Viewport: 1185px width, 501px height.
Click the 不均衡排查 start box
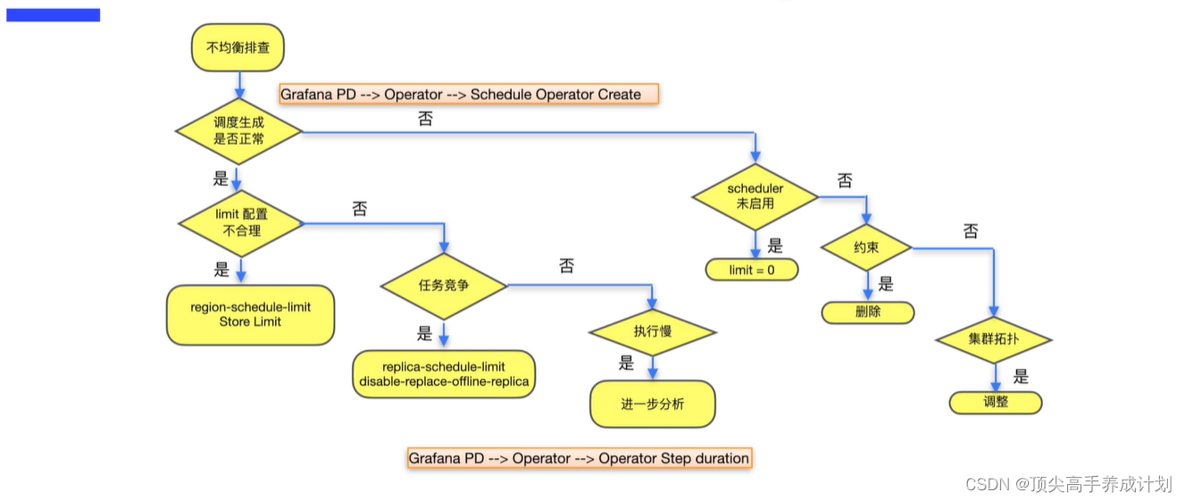238,47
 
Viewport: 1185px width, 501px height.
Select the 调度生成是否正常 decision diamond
238,131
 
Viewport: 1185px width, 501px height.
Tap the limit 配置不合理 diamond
241,222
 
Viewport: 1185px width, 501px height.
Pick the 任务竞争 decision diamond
444,286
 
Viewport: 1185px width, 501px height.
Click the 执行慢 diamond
652,331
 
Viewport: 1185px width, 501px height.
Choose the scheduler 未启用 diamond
755,196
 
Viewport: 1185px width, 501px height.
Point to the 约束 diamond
866,247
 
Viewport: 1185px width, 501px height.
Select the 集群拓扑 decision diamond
994,339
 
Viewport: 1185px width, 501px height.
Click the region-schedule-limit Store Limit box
250,314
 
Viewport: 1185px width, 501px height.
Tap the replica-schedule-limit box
444,374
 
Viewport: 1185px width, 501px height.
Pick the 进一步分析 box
652,404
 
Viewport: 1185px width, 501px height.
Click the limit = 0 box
752,270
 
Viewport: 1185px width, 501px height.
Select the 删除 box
867,313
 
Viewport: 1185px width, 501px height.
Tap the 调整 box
995,402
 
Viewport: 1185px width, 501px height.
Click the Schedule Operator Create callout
469,94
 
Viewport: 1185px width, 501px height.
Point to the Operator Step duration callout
579,458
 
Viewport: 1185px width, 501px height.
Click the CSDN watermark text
1068,484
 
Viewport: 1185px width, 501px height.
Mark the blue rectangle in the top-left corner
53,15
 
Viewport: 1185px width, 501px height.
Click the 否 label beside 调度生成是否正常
425,119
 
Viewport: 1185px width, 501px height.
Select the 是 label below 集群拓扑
1021,377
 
